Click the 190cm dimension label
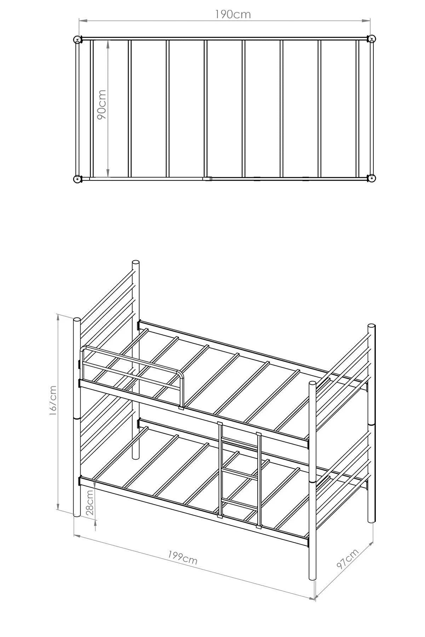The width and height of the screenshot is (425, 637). [233, 15]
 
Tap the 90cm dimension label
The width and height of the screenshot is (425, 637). [102, 104]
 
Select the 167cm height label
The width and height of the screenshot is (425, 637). [53, 400]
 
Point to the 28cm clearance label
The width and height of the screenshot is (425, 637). [90, 502]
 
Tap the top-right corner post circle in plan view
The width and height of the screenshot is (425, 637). [371, 39]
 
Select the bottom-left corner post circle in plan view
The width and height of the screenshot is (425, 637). [77, 179]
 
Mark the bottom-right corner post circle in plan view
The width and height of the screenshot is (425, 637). [371, 179]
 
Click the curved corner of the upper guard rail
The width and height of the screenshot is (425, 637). [181, 374]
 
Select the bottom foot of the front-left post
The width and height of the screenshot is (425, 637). [77, 514]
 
